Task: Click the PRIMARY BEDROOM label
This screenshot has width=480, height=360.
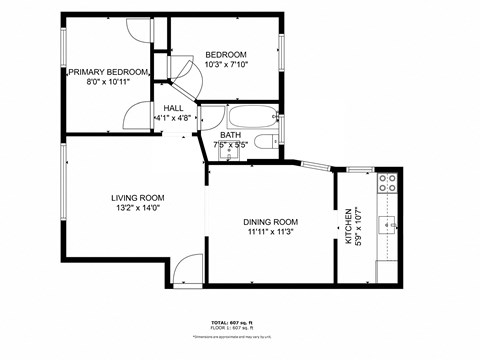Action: pyautogui.click(x=108, y=72)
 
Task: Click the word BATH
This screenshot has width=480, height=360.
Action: pyautogui.click(x=231, y=134)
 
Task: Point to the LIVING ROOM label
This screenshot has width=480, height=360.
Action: pyautogui.click(x=138, y=198)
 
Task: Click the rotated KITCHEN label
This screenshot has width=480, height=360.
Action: pyautogui.click(x=348, y=226)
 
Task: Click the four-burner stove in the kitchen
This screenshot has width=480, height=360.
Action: pyautogui.click(x=387, y=183)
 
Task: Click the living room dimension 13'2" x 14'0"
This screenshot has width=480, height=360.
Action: pyautogui.click(x=138, y=209)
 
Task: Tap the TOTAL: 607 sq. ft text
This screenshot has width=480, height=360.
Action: pyautogui.click(x=240, y=322)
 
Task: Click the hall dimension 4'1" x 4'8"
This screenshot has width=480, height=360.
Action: pyautogui.click(x=172, y=117)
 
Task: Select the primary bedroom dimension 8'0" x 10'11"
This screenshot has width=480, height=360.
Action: pyautogui.click(x=108, y=83)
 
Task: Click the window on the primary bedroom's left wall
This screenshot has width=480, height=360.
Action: pyautogui.click(x=62, y=71)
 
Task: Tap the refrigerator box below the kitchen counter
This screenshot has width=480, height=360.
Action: pyautogui.click(x=387, y=271)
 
